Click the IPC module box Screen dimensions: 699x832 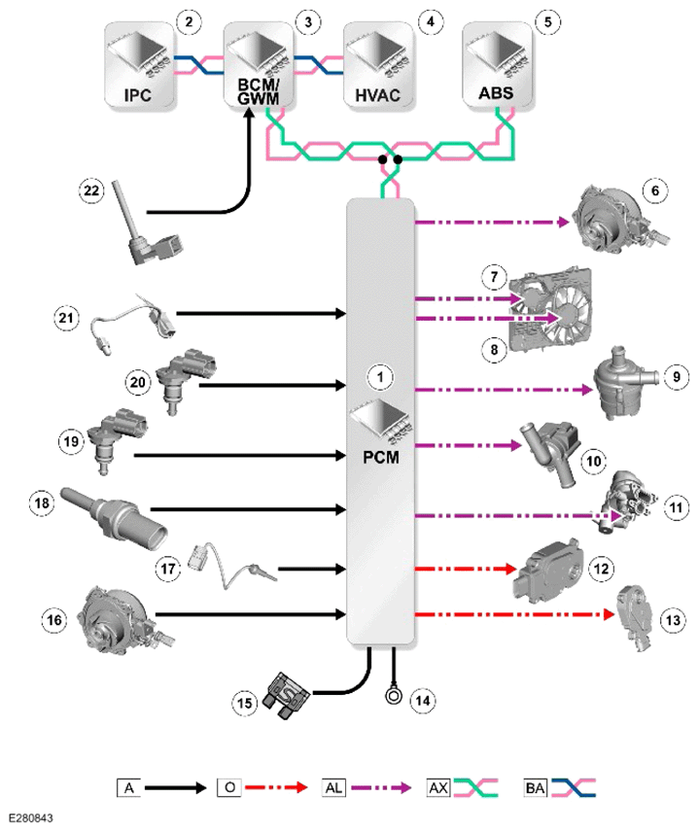pos(139,65)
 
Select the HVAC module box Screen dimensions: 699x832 pos(378,65)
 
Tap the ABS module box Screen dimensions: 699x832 pos(498,65)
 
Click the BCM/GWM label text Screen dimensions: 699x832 pos(259,91)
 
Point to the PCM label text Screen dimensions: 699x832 pos(380,457)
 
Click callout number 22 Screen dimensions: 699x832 pos(91,190)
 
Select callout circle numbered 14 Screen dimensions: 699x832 pos(423,701)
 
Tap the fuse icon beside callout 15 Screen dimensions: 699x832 pos(287,696)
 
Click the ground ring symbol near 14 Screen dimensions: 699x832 pos(394,695)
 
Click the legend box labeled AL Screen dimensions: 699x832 pos(333,788)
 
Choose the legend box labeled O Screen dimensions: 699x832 pos(229,787)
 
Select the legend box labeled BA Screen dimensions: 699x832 pos(535,788)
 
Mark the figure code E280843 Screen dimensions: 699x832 pos(31,818)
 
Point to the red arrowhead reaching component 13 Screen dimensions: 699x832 pos(609,615)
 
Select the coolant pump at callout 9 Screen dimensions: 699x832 pos(625,383)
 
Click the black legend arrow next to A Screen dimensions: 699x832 pos(175,788)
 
